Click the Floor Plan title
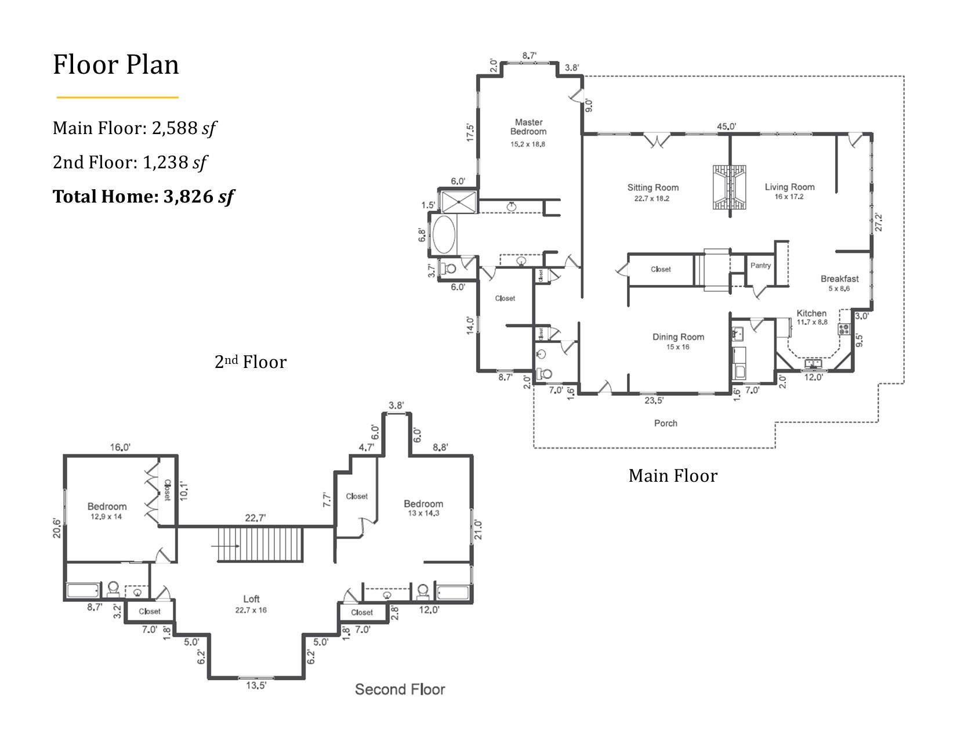116,65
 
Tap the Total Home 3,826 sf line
144,197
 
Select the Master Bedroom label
528,127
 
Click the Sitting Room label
652,187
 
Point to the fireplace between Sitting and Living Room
729,187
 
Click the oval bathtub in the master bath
444,234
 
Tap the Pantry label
760,265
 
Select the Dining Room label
678,337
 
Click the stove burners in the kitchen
844,329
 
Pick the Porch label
665,423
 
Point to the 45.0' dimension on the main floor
726,127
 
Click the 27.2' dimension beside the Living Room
879,222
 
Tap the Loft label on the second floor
251,599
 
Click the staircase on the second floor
261,545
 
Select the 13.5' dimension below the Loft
256,685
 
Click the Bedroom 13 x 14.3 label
423,508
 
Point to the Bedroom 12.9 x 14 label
107,511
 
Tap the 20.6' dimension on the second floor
57,528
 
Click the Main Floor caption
673,475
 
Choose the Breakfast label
839,279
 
